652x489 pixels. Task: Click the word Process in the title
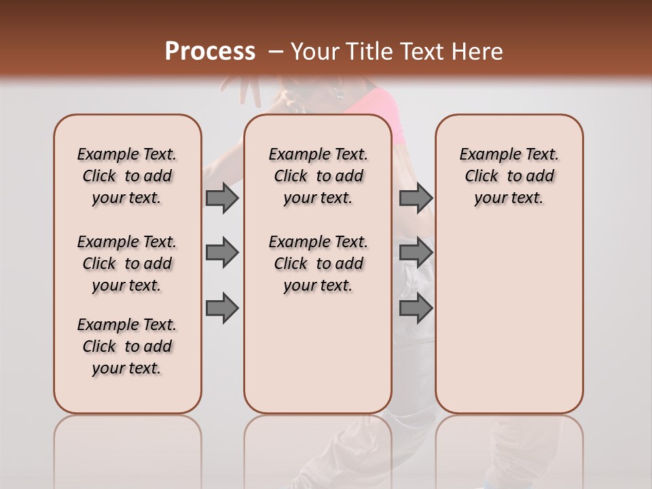[210, 52]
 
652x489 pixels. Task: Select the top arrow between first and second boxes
[222, 198]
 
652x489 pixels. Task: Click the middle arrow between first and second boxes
[222, 253]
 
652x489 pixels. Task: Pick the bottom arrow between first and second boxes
[222, 308]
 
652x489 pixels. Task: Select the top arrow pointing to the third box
[416, 198]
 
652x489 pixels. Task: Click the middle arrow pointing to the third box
[416, 253]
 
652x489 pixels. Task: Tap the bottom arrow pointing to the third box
[416, 308]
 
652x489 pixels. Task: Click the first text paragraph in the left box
[127, 176]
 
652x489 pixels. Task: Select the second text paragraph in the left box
[127, 264]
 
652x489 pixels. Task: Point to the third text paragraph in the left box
[127, 346]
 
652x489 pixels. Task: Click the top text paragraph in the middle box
[318, 176]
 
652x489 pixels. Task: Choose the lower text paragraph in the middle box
[318, 264]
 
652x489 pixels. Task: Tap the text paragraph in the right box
[509, 176]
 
